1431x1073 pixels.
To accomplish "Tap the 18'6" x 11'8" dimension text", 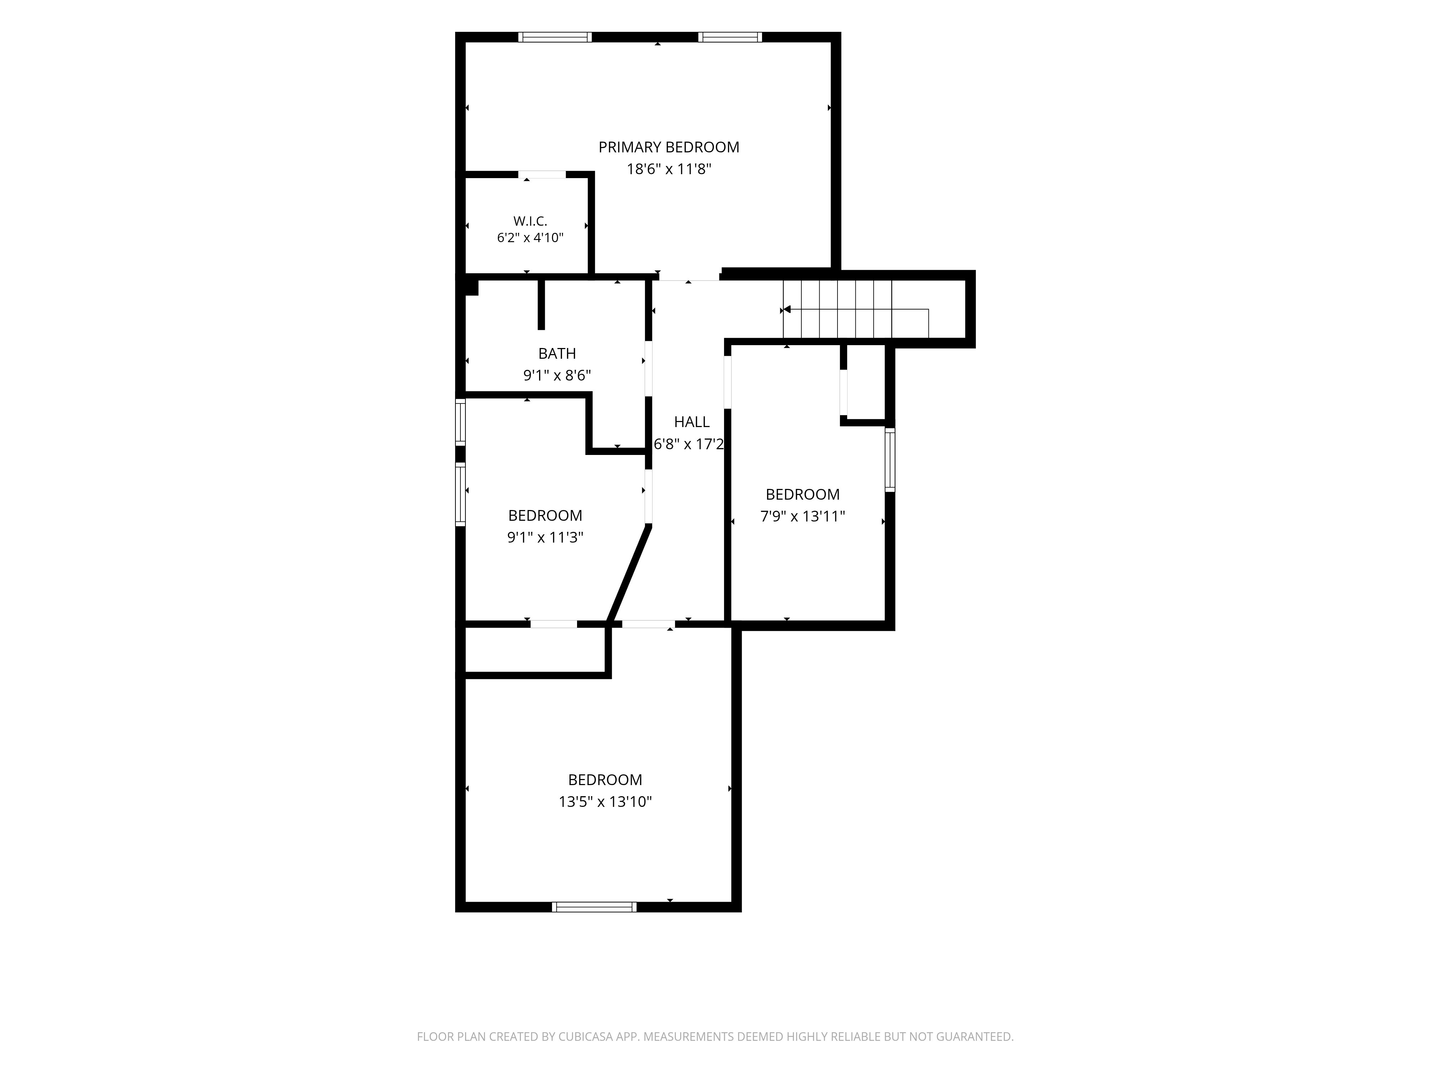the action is (669, 170).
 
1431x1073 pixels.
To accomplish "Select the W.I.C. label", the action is (531, 221).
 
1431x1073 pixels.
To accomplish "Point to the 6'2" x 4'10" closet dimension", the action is (531, 238).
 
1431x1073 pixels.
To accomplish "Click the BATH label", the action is (557, 354).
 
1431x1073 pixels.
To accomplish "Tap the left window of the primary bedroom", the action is (555, 37).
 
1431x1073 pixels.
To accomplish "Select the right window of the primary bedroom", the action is (730, 37).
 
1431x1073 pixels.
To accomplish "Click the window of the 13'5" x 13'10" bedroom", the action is (594, 907).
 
